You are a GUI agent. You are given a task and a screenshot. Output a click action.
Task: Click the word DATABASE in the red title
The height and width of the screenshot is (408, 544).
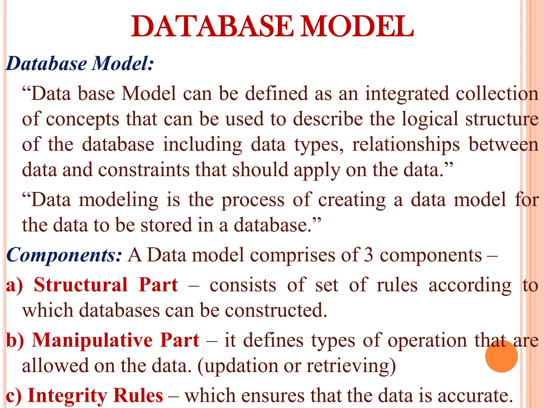tap(212, 27)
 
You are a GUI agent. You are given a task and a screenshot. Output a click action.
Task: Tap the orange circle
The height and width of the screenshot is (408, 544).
tap(501, 356)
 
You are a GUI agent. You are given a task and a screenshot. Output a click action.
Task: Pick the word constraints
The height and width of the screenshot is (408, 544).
tap(144, 170)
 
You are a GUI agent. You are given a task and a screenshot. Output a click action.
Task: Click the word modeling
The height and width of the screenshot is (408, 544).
tap(118, 200)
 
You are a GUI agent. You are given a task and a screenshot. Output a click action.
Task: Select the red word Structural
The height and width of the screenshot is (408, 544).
tap(81, 285)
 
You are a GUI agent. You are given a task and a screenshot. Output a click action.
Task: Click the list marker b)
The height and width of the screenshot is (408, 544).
tap(15, 340)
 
